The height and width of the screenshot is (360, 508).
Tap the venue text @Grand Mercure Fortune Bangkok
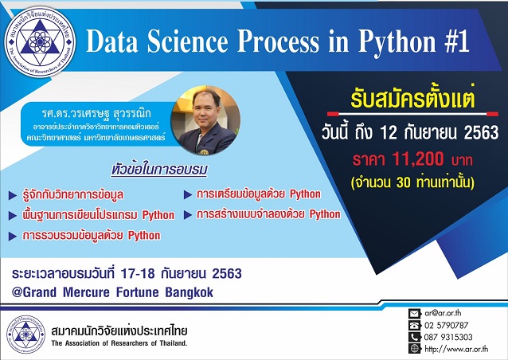113,292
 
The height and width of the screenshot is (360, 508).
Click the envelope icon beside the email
413,313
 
